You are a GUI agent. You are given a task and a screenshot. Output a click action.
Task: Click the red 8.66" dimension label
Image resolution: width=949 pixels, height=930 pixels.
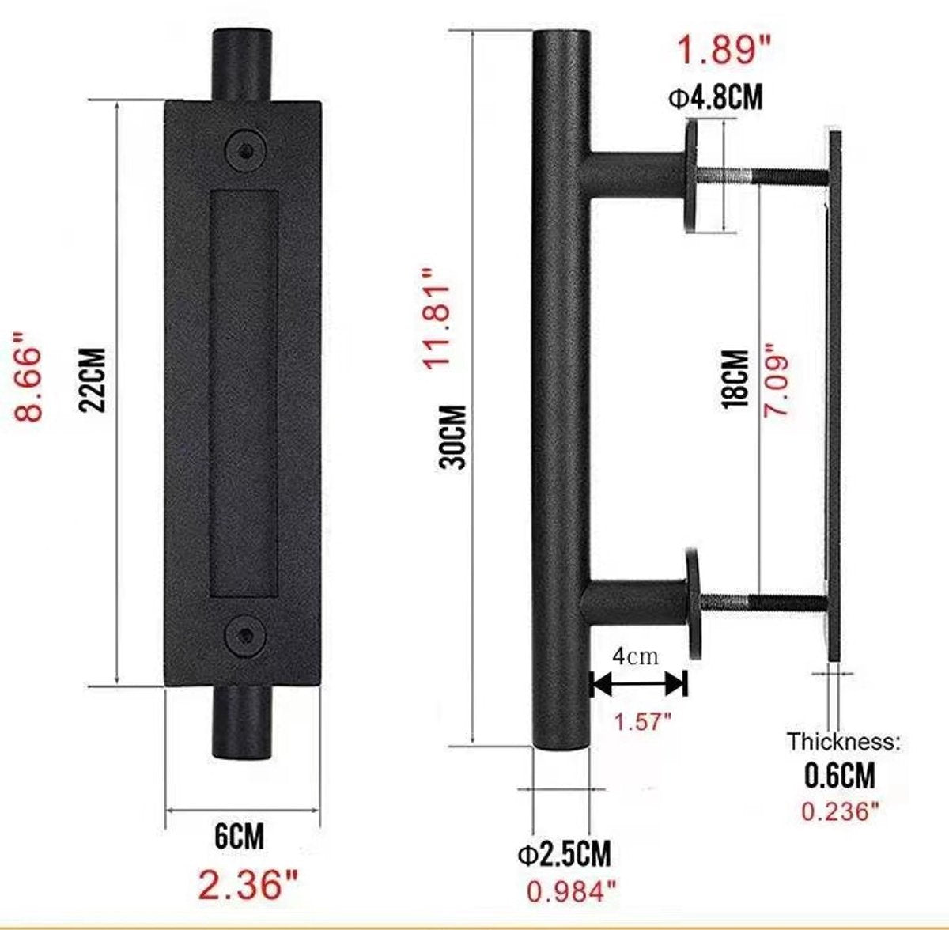coord(26,378)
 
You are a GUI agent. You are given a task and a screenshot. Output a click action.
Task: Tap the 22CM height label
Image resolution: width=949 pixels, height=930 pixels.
coord(93,380)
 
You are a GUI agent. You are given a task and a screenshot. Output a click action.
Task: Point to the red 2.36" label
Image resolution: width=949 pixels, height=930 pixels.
coord(248,883)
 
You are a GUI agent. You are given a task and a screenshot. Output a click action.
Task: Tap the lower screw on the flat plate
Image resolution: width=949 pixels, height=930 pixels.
coord(245,636)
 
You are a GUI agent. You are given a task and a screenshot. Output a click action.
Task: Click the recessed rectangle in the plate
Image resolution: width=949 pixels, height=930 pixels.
coord(244,395)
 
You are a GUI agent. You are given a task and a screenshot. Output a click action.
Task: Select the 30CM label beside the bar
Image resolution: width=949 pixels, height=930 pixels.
coord(452,435)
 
